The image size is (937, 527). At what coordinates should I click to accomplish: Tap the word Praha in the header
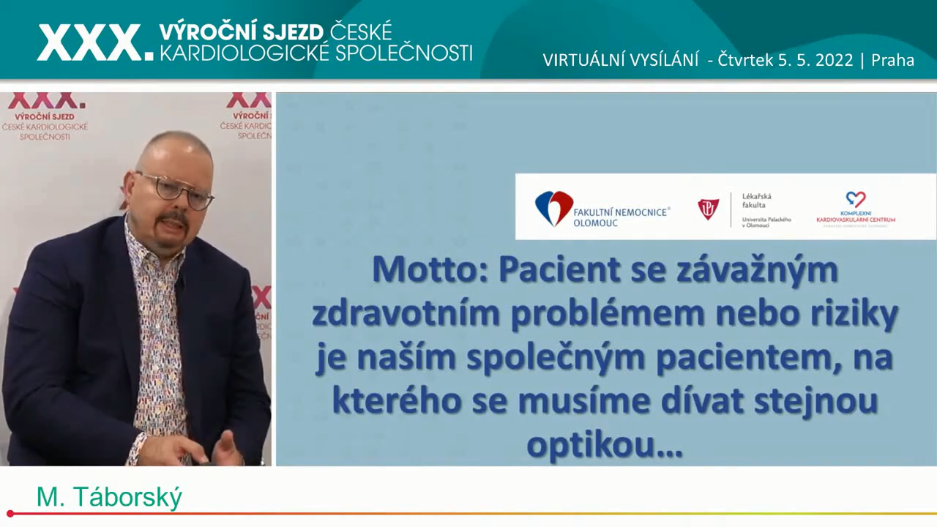pyautogui.click(x=892, y=60)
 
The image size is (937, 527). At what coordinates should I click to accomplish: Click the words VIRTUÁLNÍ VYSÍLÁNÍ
pyautogui.click(x=620, y=60)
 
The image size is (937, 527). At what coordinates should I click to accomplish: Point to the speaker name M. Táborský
pyautogui.click(x=109, y=498)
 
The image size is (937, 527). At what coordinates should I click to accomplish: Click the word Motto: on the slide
pyautogui.click(x=430, y=269)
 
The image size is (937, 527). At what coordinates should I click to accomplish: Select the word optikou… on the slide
pyautogui.click(x=605, y=444)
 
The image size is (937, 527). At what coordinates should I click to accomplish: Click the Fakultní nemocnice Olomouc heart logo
pyautogui.click(x=553, y=208)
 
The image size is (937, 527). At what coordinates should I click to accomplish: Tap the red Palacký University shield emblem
pyautogui.click(x=708, y=209)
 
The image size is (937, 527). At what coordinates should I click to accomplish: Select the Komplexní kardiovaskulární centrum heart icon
pyautogui.click(x=855, y=199)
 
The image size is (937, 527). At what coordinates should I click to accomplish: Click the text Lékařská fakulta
pyautogui.click(x=756, y=201)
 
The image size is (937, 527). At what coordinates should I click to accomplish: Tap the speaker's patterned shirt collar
pyautogui.click(x=146, y=249)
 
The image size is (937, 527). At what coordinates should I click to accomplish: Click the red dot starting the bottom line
pyautogui.click(x=10, y=514)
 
